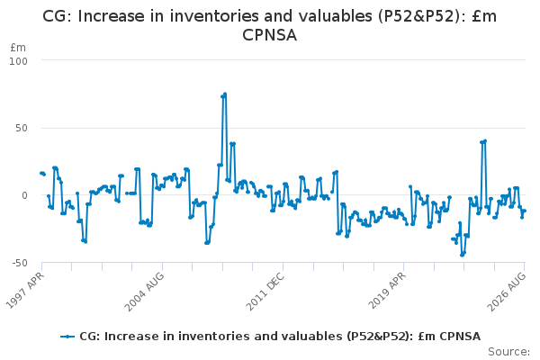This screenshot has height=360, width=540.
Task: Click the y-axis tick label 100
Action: coord(18,61)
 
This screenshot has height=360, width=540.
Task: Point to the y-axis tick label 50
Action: coord(22,128)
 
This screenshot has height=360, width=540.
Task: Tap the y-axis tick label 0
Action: coord(24,195)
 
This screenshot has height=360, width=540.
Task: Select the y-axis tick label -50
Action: coord(20,263)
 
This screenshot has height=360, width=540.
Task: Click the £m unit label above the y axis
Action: coord(18,48)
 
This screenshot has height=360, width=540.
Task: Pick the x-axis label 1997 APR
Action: coord(25,290)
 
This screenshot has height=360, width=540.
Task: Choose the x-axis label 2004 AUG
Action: coord(145,292)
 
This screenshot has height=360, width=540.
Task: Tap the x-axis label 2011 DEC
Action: coord(265,291)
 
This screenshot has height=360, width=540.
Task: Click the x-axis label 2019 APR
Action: coord(387,290)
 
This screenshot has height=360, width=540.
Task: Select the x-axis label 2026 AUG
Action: coord(507,292)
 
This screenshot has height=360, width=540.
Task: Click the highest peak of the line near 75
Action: coord(225,94)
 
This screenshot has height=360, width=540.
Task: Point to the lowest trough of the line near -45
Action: coord(462,256)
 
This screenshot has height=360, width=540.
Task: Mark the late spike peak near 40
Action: coord(485,141)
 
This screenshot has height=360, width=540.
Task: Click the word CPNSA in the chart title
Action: coord(270,35)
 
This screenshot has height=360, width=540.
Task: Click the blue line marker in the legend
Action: coord(67,337)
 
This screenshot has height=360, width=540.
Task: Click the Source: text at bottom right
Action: coord(509,352)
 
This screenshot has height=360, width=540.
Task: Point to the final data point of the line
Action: coord(525,211)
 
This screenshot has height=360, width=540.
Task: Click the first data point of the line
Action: coord(41,174)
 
